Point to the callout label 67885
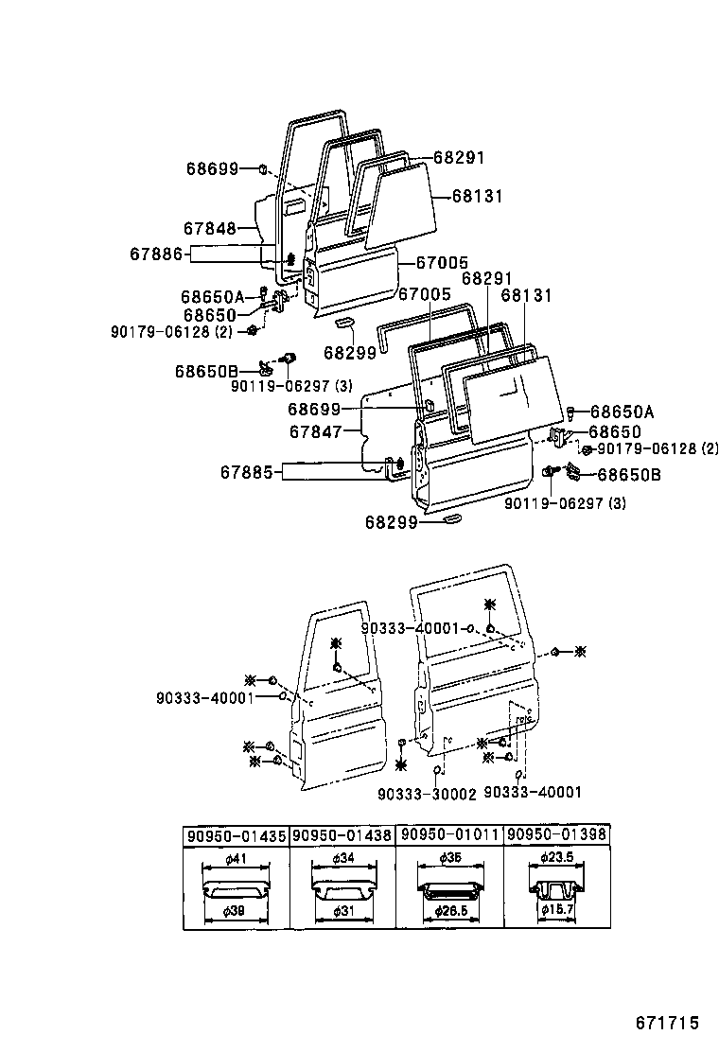point(249,469)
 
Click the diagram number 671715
point(666,1023)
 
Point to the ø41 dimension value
point(237,859)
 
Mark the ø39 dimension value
point(237,910)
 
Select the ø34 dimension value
point(342,859)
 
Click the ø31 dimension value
point(342,910)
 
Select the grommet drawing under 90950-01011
point(449,890)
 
